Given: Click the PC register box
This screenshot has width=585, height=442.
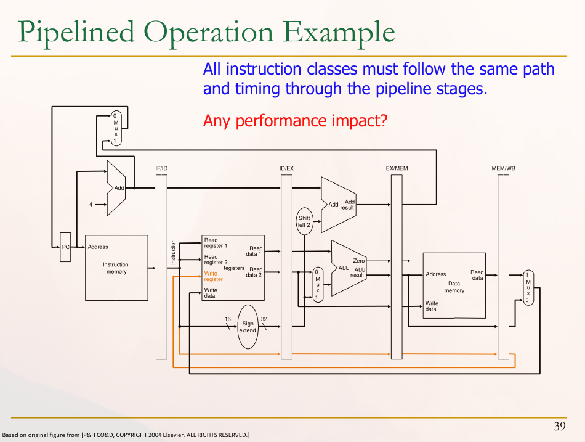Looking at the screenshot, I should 65,247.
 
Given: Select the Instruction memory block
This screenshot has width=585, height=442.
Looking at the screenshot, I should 116,268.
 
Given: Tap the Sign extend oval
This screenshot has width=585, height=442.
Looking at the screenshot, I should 248,327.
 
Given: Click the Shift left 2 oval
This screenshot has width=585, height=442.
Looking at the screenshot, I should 304,222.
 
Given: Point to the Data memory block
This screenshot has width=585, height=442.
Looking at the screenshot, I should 454,285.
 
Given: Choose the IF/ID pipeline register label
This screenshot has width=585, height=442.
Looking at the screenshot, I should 161,168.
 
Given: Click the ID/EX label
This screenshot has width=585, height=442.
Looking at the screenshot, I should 286,168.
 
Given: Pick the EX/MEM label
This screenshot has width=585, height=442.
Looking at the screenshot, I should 397,168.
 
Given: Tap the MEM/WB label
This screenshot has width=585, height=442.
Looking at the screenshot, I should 503,168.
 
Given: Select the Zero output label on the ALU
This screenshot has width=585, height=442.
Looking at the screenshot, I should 359,261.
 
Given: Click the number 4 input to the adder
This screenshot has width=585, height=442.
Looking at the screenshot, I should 91,205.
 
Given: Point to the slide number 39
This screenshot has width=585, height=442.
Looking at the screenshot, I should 559,427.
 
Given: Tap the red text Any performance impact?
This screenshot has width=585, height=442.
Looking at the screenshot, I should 295,121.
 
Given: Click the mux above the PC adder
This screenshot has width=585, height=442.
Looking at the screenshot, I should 116,128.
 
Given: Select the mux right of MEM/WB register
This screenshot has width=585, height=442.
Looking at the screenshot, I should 527,287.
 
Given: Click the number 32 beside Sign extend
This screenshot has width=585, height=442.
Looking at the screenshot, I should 264,319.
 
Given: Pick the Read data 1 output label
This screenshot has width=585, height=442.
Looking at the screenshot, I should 255,251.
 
